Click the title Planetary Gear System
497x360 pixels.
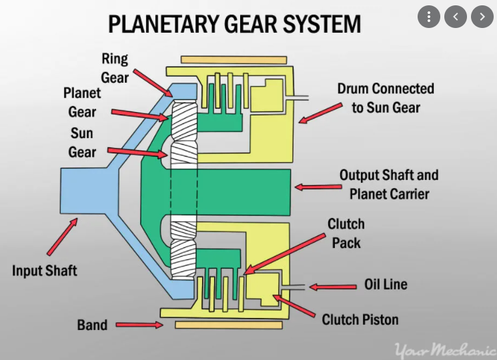click(x=235, y=25)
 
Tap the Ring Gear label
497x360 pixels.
click(x=115, y=67)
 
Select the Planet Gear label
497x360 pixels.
click(x=83, y=102)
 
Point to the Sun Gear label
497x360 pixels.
click(x=82, y=143)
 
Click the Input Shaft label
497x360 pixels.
click(x=45, y=271)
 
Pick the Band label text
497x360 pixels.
click(x=92, y=325)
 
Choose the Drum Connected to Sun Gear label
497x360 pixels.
click(x=386, y=97)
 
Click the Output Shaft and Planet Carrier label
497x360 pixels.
click(x=389, y=185)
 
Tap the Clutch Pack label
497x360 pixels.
click(x=346, y=233)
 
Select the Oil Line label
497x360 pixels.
click(x=386, y=285)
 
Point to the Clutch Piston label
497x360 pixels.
click(x=360, y=319)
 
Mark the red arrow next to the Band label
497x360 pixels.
click(x=139, y=325)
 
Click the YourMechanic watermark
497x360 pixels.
click(x=443, y=349)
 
